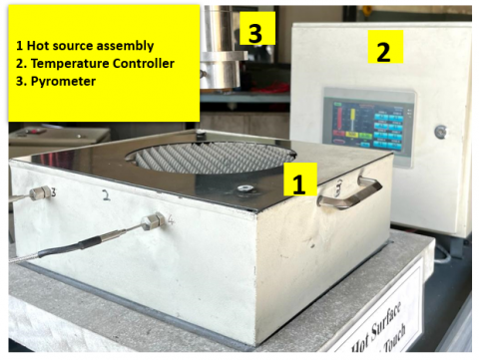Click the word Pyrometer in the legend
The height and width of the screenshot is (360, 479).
[63, 81]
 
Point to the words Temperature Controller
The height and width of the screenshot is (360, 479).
[96, 63]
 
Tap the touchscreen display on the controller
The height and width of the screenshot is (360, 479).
[367, 126]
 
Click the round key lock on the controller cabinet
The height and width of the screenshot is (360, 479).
[440, 132]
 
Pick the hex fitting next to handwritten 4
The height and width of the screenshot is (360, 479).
[152, 221]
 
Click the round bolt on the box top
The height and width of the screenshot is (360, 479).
[242, 188]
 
